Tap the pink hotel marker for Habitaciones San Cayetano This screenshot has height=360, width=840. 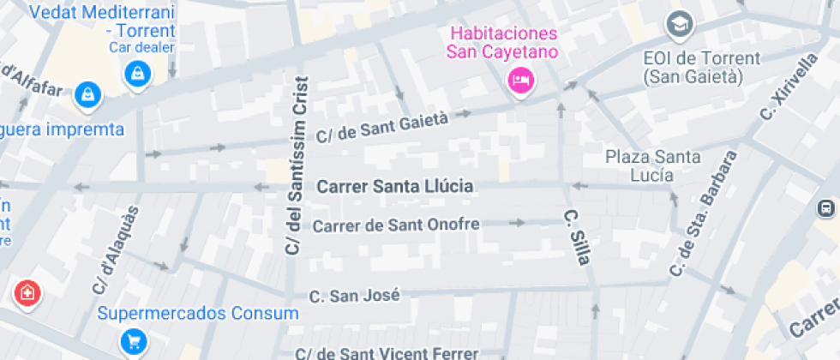tap(520, 81)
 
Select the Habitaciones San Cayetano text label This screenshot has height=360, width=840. tap(503, 43)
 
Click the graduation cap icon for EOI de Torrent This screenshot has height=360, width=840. tap(680, 26)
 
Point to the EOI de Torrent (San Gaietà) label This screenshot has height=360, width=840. tap(701, 67)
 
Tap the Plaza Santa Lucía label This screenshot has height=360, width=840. tap(652, 165)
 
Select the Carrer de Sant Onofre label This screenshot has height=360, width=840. tap(395, 225)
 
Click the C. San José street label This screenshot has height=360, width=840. tap(354, 296)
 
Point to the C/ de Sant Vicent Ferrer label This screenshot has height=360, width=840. tap(387, 352)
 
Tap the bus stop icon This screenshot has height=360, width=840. tap(826, 208)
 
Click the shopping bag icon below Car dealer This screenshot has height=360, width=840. tap(135, 75)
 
